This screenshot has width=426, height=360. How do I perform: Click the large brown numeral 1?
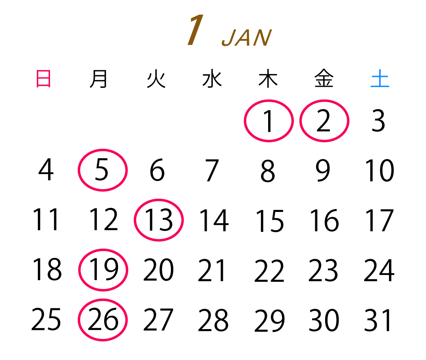tap(196, 31)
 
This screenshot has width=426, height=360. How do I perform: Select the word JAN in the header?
tap(247, 39)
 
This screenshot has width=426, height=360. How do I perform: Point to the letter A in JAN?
tap(246, 39)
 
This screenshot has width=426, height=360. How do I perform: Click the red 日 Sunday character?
tap(44, 79)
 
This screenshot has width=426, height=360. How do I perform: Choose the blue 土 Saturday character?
tap(380, 79)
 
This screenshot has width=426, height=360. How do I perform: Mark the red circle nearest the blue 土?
tap(324, 121)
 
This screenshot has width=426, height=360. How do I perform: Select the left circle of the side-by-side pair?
tap(269, 121)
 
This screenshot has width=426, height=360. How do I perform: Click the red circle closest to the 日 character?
tap(103, 170)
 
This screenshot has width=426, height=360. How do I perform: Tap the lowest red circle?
tap(103, 320)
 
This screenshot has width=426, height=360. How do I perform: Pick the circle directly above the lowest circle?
tap(103, 270)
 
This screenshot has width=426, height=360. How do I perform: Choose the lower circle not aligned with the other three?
tap(159, 220)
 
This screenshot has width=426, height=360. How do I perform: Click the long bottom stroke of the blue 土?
tap(380, 86)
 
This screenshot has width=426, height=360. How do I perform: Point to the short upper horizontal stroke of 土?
tap(380, 75)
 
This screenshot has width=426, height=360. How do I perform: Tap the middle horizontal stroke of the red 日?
tap(44, 79)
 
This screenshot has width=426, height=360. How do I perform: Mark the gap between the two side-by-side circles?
tap(297, 121)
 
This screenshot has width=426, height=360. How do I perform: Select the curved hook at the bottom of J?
tap(226, 44)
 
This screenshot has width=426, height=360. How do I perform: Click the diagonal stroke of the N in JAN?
tap(262, 39)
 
